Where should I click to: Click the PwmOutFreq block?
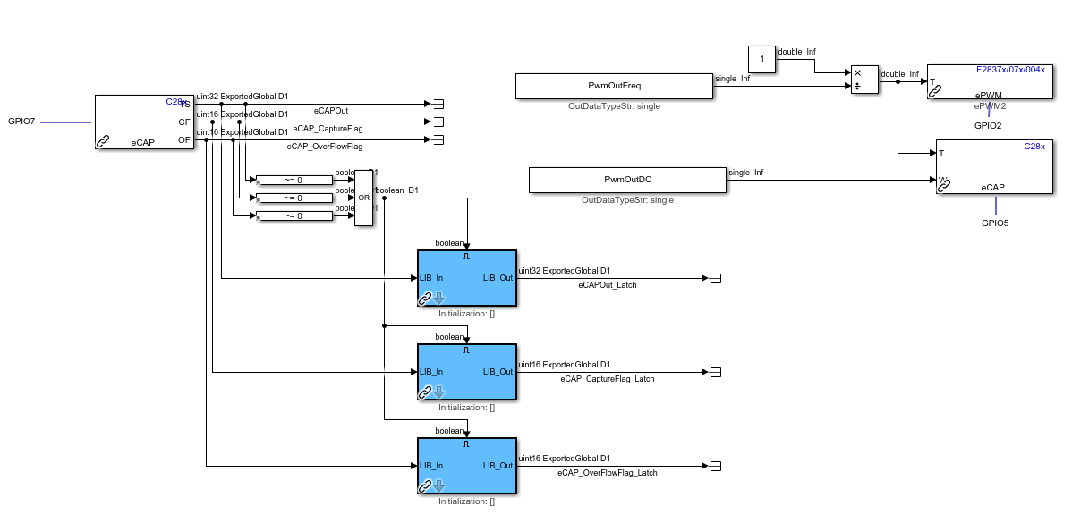coord(613,86)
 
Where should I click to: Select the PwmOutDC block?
coord(626,180)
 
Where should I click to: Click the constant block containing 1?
coord(761,60)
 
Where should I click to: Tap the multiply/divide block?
coord(864,79)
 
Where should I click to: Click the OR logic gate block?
coord(363,198)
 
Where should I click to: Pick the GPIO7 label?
coord(21,121)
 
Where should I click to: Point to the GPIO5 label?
coord(994,223)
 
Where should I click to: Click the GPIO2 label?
coord(988,126)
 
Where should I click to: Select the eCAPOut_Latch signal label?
coord(608,285)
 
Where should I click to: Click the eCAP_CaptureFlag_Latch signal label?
coord(608,379)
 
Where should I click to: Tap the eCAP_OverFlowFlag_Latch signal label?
coord(608,473)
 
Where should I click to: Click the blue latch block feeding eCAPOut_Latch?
coord(466,278)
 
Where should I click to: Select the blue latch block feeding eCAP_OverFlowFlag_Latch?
coord(466,466)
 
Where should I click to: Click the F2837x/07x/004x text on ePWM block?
coord(1010,70)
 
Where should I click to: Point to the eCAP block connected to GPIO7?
coord(144,122)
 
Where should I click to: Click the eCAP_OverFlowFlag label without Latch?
coord(325,146)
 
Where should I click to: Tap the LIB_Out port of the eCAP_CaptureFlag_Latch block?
coord(498,372)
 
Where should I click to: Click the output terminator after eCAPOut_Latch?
coord(716,278)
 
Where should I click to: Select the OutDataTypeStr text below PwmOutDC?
coord(627,200)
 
